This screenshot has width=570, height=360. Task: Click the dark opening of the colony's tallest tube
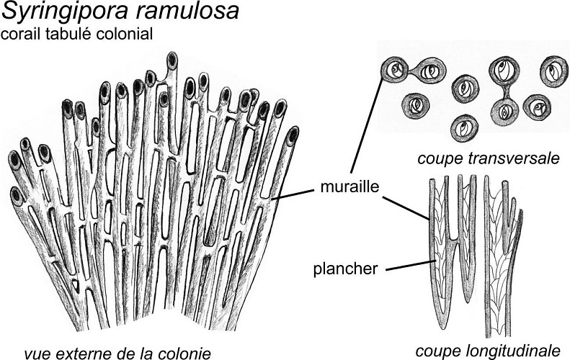click(173, 58)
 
